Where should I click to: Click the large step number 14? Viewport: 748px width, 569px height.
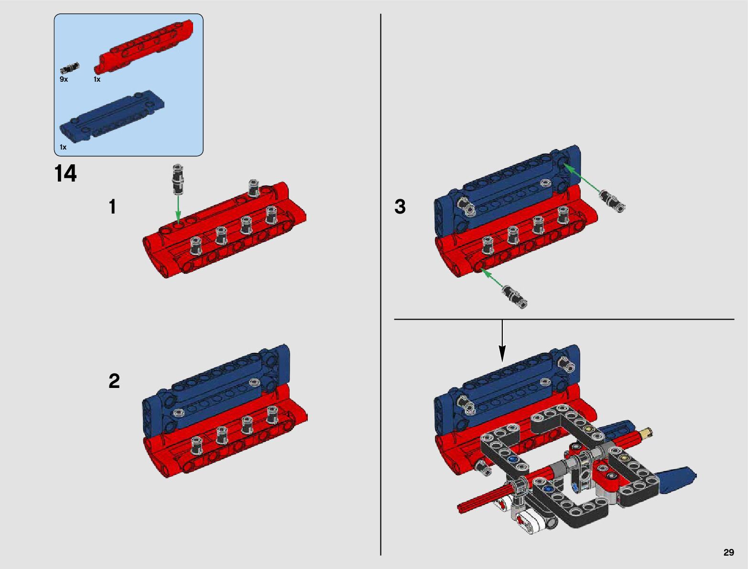click(65, 174)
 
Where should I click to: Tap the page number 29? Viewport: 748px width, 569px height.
click(728, 552)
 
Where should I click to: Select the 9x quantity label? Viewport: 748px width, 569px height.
click(64, 79)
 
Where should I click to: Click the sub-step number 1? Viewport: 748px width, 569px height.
click(112, 206)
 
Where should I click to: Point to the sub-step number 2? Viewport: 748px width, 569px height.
click(114, 381)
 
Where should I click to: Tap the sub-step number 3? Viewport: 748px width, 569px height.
click(400, 207)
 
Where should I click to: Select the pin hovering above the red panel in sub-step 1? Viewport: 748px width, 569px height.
click(178, 179)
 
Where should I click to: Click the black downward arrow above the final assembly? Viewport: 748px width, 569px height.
click(502, 341)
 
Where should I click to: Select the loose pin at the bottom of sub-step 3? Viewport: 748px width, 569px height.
click(515, 297)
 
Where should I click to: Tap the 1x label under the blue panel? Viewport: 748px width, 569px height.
click(63, 147)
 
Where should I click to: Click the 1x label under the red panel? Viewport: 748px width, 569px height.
click(97, 79)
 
